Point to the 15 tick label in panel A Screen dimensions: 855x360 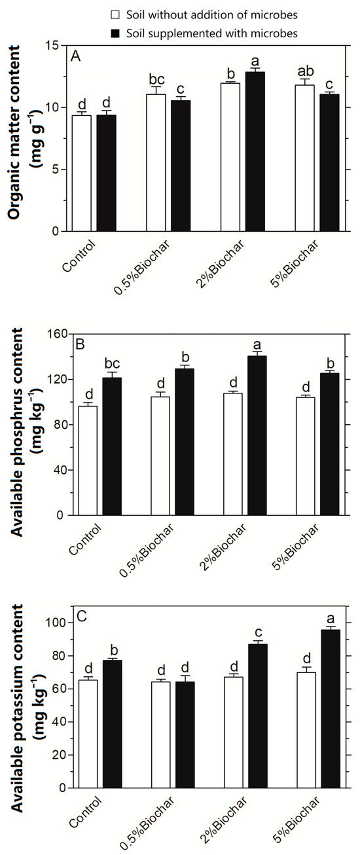52,45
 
